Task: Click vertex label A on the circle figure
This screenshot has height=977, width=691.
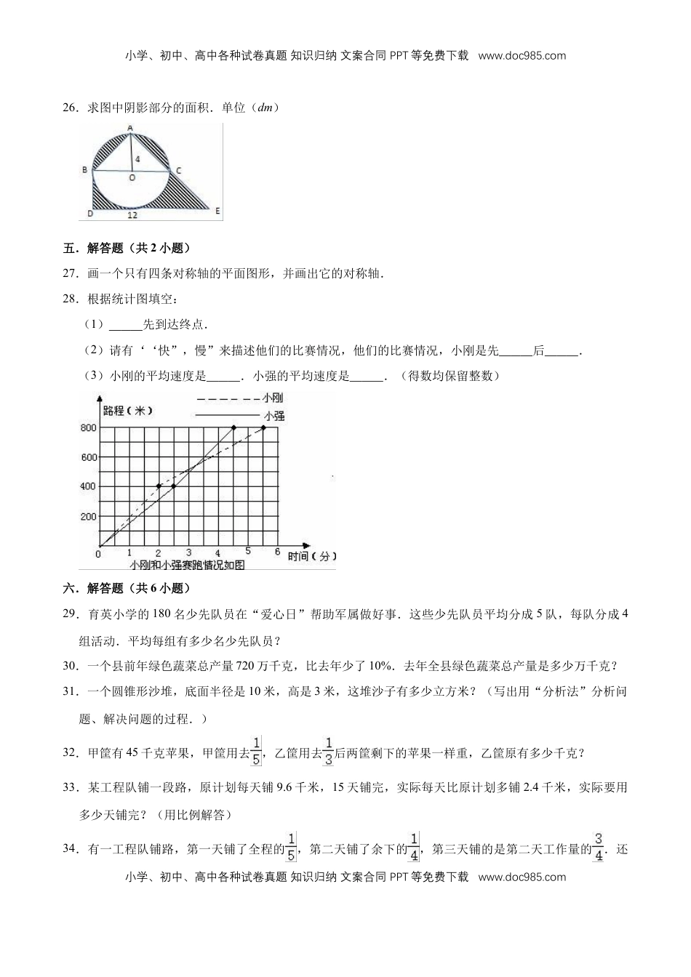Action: click(130, 129)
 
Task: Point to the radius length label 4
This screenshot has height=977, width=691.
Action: click(137, 158)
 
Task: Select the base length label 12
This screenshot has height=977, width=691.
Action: click(132, 215)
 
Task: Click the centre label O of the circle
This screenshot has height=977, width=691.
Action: click(132, 177)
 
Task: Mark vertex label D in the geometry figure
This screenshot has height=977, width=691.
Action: click(89, 214)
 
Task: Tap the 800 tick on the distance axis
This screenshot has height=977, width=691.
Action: click(89, 428)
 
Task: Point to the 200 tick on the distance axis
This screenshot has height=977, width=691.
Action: click(89, 517)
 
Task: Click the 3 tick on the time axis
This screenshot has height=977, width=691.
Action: click(188, 554)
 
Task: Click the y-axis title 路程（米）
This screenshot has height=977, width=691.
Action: click(128, 411)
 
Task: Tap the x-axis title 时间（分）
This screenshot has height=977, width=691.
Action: click(313, 556)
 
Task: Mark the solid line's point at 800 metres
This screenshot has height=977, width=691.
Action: click(233, 427)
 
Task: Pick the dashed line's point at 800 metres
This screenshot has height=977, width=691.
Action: click(263, 427)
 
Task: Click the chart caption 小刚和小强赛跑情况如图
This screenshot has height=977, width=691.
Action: click(177, 566)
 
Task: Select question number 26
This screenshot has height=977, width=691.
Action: click(71, 108)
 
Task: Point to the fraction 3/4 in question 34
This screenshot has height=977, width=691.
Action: click(599, 848)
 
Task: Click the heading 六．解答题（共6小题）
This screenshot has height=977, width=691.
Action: click(127, 588)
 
